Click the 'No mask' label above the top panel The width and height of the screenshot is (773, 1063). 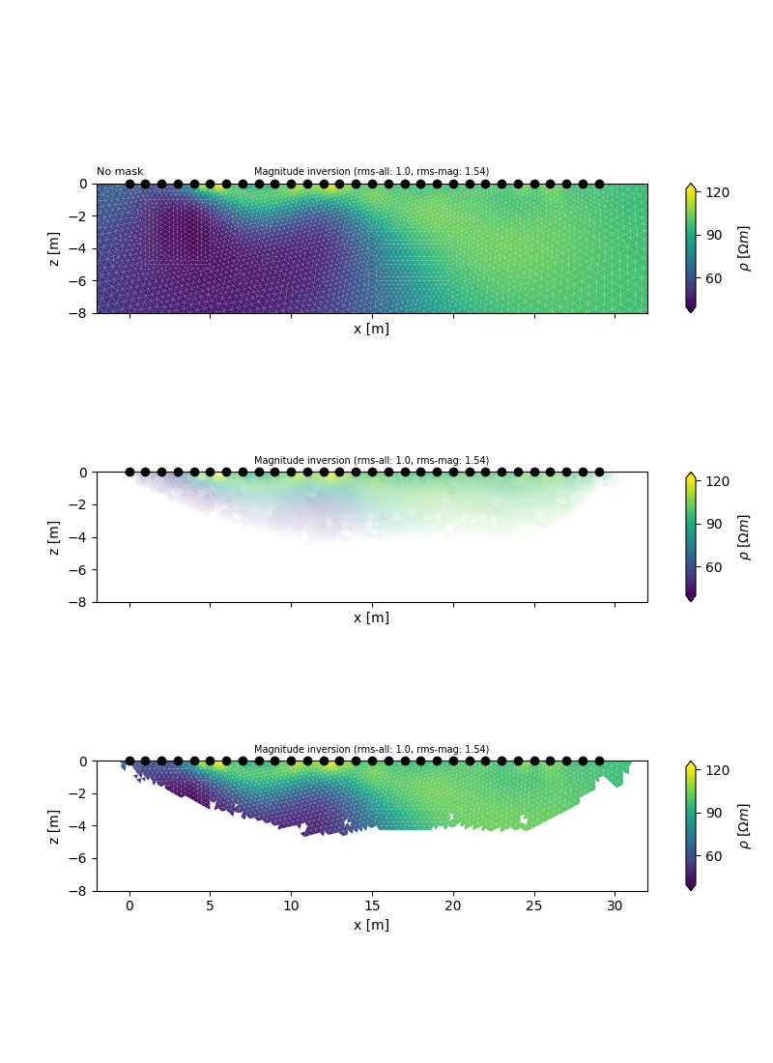(x=120, y=172)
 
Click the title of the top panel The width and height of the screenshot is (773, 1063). (x=371, y=172)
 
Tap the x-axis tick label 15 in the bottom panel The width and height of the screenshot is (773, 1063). (x=372, y=905)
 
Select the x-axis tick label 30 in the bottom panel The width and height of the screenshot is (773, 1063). (x=615, y=905)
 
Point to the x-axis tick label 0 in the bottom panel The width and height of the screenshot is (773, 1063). (x=129, y=905)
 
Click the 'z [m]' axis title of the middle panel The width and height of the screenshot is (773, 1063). (x=54, y=537)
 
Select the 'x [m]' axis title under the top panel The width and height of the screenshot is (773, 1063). (x=371, y=329)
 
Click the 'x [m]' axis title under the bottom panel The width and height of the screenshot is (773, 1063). (x=371, y=925)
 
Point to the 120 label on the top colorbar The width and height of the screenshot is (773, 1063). (x=718, y=192)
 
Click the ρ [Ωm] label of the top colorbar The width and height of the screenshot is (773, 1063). (x=744, y=248)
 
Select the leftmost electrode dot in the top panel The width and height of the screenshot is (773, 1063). (x=129, y=184)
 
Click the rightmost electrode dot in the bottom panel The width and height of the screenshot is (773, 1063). (x=599, y=761)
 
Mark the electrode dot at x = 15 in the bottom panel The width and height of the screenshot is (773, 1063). (x=372, y=761)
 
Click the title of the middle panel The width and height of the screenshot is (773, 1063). (x=371, y=461)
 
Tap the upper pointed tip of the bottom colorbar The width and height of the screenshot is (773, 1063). (x=690, y=763)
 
